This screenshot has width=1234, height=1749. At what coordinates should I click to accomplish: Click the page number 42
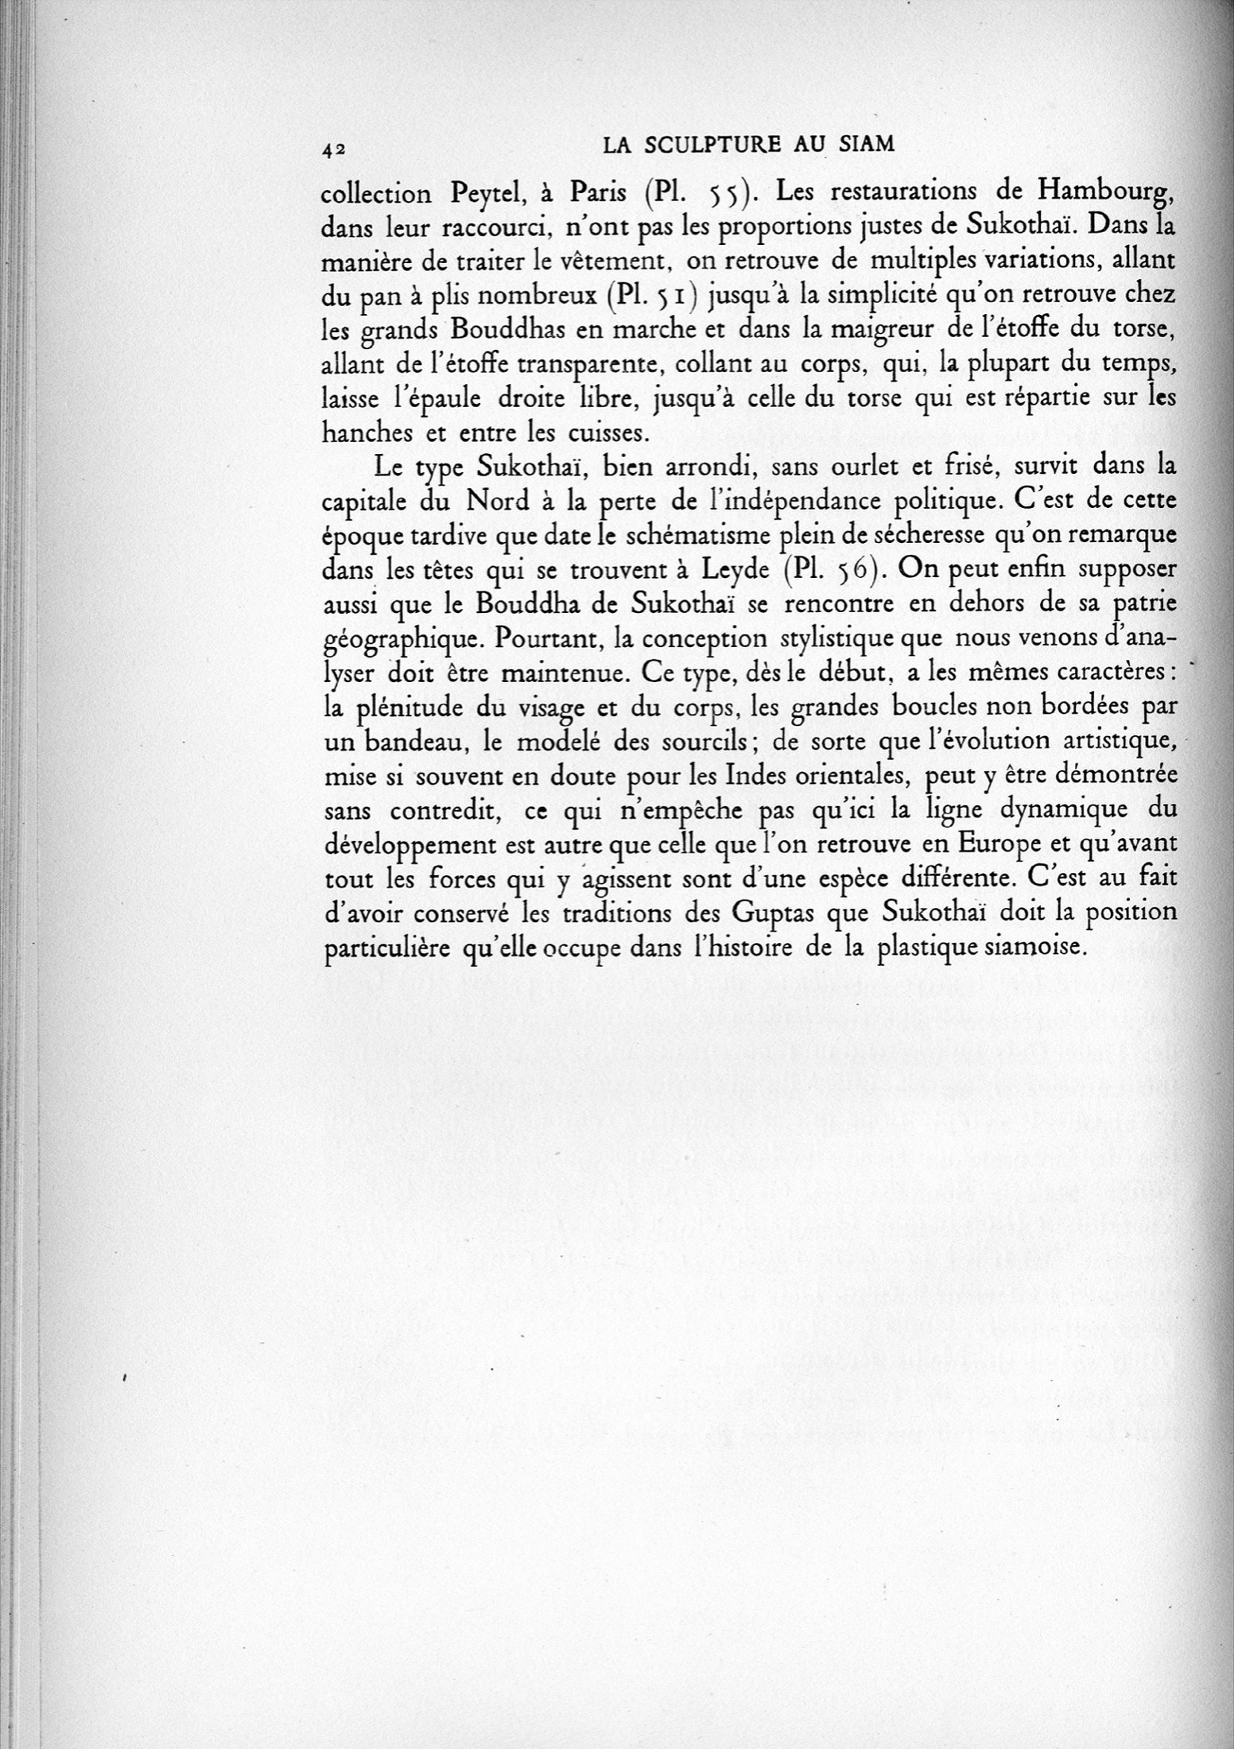coord(333,149)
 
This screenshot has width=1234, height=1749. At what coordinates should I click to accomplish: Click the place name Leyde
coord(731,572)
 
